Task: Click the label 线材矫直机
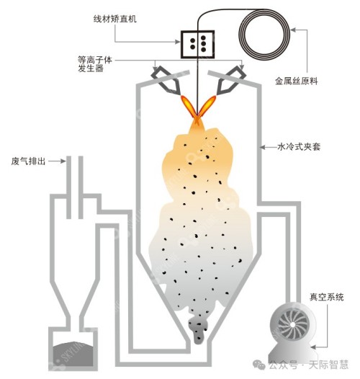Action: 115,19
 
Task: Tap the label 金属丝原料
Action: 297,81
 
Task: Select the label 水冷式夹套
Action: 299,147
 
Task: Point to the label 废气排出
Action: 28,161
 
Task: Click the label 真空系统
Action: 327,297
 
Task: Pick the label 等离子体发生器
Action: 95,64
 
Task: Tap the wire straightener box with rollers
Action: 197,44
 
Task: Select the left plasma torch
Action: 166,81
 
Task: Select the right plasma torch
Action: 230,80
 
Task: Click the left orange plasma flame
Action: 189,106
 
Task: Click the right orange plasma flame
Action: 207,105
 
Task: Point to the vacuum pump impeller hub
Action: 292,324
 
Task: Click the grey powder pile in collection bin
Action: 73,354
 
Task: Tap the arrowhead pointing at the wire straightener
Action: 178,42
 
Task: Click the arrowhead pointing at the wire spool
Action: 293,30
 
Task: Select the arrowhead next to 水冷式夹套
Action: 262,147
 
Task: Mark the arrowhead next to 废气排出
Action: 63,161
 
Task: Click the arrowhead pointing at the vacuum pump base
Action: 313,347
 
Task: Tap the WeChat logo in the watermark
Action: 258,365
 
